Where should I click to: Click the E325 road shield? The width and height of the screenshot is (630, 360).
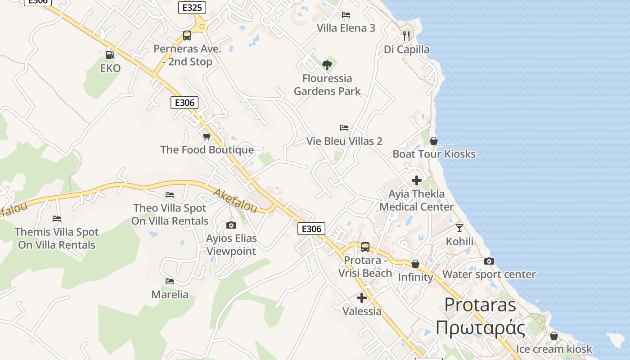point(192,8)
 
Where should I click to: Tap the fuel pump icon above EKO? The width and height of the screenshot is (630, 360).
point(110,55)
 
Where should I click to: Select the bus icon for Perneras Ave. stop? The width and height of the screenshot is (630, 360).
point(187,36)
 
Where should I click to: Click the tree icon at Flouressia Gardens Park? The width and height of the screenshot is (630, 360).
point(327,65)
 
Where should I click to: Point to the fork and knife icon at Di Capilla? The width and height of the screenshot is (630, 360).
point(406,36)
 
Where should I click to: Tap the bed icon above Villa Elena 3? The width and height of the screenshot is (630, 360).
point(346,15)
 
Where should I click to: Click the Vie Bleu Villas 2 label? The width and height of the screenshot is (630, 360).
point(344,141)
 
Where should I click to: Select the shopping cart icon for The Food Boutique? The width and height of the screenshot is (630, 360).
point(207,136)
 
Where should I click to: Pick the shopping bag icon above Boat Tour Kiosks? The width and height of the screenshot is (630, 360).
point(434,141)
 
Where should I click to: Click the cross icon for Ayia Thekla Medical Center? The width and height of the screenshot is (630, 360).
point(417,180)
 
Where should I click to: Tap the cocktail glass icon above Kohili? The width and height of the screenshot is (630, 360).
point(459,228)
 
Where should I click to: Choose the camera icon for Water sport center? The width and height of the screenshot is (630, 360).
point(489,261)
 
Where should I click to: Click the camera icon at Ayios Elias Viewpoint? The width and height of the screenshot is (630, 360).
point(231,225)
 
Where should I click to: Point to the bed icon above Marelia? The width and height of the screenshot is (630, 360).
point(169,281)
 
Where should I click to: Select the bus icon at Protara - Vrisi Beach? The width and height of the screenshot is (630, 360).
point(365,247)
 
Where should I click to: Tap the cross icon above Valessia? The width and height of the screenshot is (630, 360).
point(362,298)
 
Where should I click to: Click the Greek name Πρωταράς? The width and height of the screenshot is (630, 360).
point(480,328)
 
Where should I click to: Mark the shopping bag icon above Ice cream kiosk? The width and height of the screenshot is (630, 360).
point(554,336)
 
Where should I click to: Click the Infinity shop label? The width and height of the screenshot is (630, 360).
point(415,277)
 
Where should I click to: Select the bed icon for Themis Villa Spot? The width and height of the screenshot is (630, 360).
point(57,219)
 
